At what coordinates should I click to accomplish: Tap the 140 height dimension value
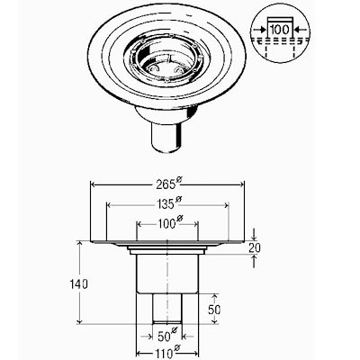[x=78, y=283]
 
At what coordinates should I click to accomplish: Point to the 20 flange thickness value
[x=255, y=247]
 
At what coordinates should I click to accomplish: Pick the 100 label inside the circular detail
[x=280, y=30]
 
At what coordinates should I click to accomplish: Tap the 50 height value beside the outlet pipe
[x=214, y=310]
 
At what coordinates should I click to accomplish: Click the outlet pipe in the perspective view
[x=166, y=138]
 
